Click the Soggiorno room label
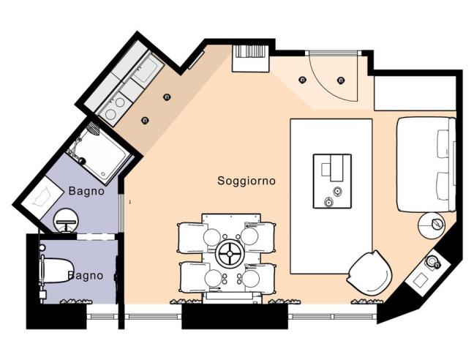click(247, 181)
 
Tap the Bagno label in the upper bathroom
click(86, 191)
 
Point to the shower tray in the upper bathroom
click(99, 154)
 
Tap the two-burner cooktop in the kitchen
click(113, 108)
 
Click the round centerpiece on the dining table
click(229, 254)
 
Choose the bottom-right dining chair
click(260, 277)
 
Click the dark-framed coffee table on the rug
click(332, 181)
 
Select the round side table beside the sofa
click(431, 225)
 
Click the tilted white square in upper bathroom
click(43, 196)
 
